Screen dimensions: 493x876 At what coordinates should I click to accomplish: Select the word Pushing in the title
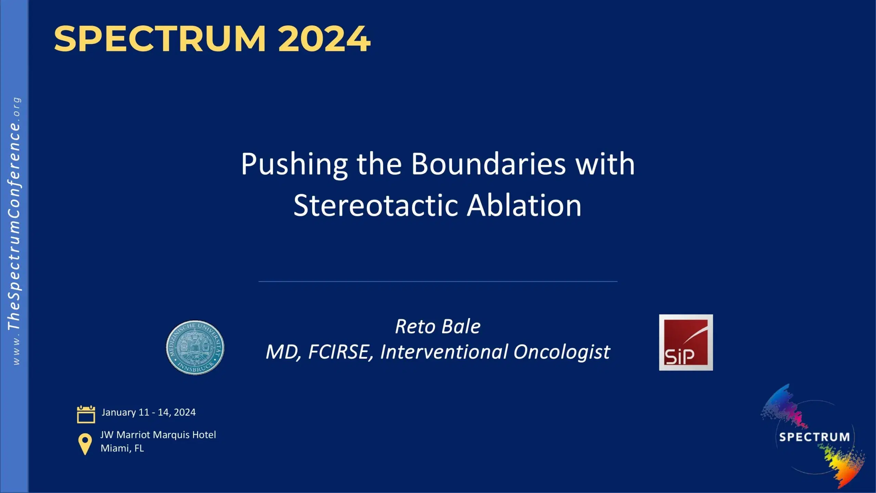tap(294, 164)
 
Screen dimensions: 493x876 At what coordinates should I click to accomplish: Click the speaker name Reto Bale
tap(438, 326)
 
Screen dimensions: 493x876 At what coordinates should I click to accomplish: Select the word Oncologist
tap(562, 352)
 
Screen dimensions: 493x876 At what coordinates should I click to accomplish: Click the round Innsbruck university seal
tap(195, 347)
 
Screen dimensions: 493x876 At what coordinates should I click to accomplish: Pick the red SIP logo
tap(686, 342)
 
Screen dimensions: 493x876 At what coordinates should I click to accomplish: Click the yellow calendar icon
tap(86, 414)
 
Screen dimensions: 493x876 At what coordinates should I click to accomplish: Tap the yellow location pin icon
tap(85, 444)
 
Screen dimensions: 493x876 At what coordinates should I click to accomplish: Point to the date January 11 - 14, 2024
tap(149, 412)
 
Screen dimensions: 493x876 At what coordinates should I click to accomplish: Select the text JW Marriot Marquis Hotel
tap(158, 435)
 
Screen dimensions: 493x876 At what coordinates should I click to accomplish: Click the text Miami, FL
tap(122, 448)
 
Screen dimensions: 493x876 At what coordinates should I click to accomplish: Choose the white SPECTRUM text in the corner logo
tap(814, 437)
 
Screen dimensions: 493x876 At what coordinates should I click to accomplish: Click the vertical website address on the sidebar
tap(14, 231)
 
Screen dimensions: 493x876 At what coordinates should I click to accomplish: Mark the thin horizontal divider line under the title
tap(438, 281)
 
